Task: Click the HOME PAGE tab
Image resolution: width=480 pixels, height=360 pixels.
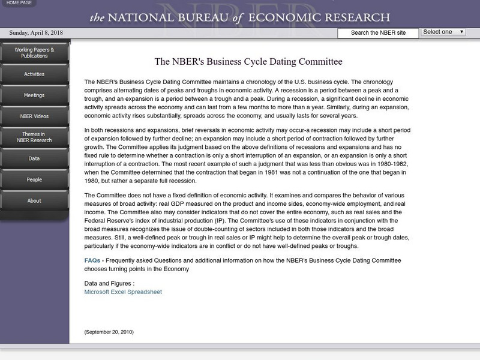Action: pos(19,4)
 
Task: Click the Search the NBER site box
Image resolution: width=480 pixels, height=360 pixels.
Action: pos(377,33)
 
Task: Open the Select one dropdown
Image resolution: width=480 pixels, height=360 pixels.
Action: pos(443,32)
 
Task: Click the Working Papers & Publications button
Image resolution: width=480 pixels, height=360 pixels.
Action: pos(34,53)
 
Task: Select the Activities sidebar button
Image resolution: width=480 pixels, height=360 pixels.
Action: pos(34,74)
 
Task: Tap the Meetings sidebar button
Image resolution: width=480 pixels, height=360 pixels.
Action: pos(34,95)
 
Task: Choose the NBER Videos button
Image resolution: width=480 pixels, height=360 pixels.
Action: pos(34,116)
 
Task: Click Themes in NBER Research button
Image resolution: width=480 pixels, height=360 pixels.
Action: pos(34,137)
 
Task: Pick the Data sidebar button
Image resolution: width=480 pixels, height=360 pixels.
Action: pos(34,158)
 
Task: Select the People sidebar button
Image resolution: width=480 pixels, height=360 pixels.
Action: pos(34,179)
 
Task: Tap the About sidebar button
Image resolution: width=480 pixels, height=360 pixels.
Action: pos(34,200)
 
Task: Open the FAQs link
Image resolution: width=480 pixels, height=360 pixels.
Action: pos(92,260)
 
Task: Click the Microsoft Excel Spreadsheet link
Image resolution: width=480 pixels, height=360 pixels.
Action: pos(123,292)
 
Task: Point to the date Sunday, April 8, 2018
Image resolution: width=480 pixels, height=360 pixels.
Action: pos(37,33)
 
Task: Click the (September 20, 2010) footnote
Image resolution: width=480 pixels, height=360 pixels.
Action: pos(109,332)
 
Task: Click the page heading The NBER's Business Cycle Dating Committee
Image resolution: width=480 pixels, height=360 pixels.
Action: pos(248,62)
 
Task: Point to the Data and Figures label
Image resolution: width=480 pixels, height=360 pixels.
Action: pos(109,283)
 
